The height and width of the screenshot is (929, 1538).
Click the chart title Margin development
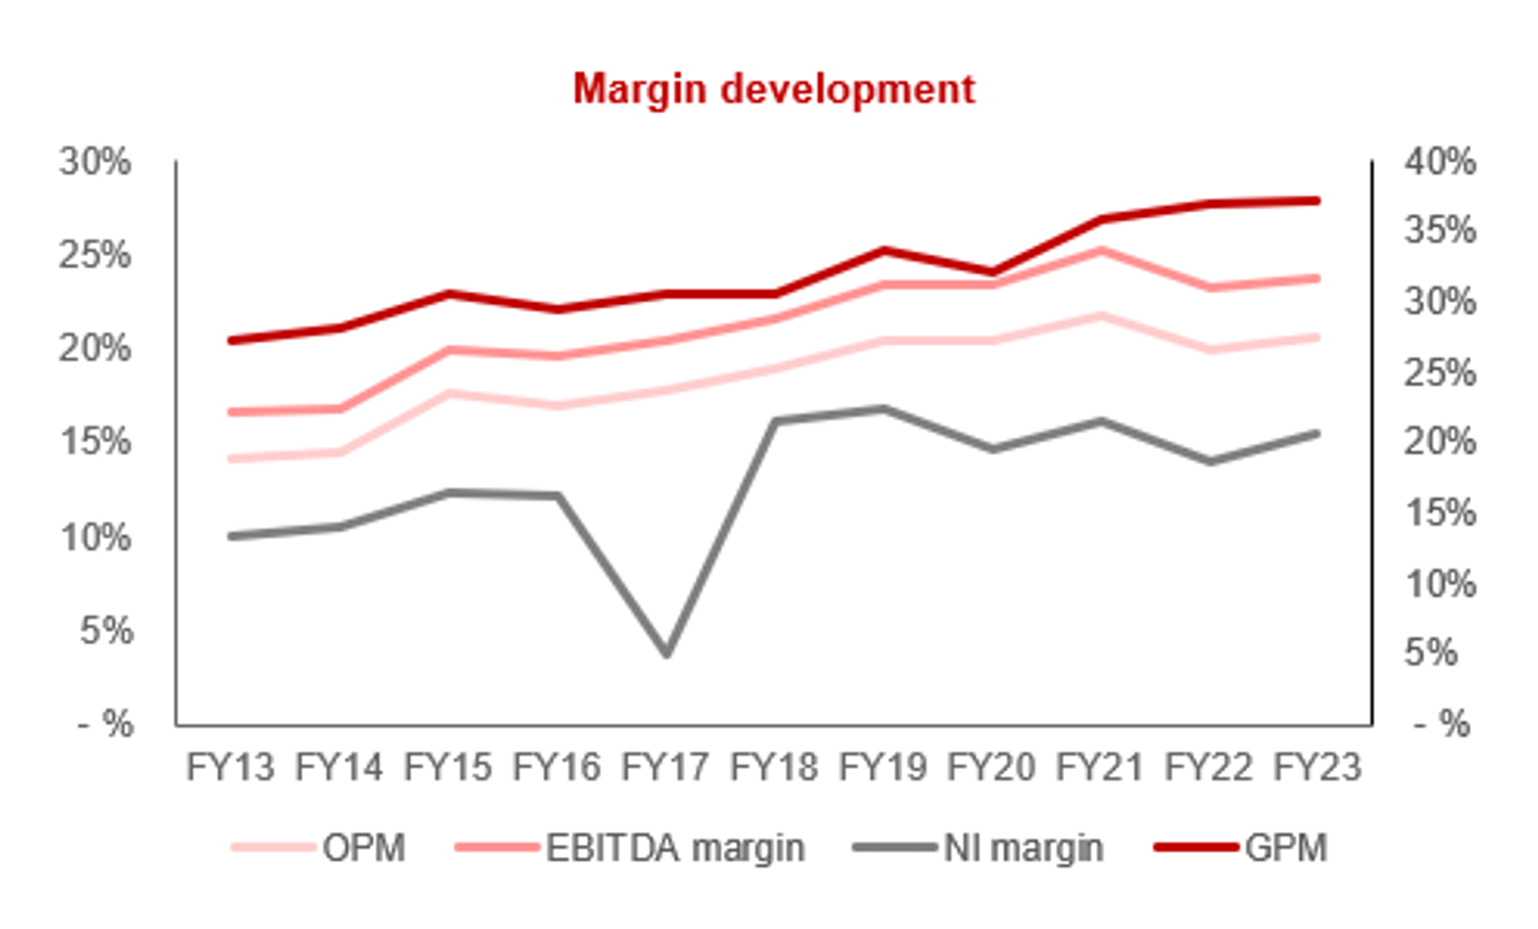[774, 89]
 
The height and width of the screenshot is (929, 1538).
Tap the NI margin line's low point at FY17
[667, 654]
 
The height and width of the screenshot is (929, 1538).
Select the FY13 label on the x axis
[230, 767]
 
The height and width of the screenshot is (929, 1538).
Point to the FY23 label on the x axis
[1317, 767]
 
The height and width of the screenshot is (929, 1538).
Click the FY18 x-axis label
[774, 767]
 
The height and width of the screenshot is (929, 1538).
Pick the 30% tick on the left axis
[95, 162]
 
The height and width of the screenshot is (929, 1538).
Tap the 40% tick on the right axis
[1440, 162]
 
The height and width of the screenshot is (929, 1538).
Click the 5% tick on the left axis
[106, 631]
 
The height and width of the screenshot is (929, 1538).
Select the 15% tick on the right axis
[1440, 512]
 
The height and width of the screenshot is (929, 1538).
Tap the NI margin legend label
[1023, 848]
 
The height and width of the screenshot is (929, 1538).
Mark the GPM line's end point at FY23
[1317, 201]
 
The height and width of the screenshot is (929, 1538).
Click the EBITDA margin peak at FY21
[1100, 251]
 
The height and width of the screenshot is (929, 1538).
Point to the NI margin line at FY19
[884, 409]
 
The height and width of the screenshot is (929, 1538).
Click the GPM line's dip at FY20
[992, 271]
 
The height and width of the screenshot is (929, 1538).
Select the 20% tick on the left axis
[95, 350]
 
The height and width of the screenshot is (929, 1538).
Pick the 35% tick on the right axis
[1440, 230]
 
